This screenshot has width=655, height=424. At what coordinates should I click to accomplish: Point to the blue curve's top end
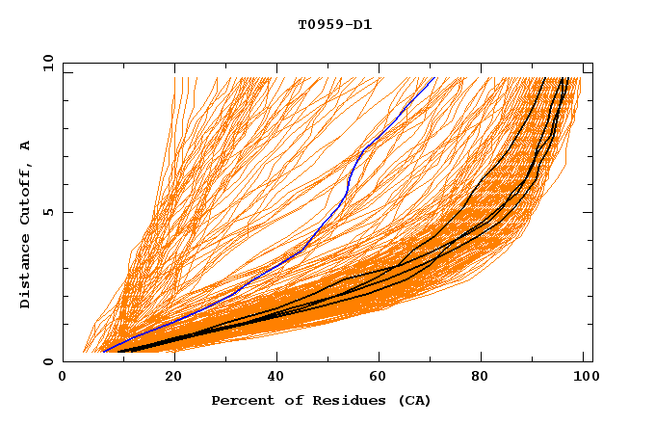click(x=435, y=77)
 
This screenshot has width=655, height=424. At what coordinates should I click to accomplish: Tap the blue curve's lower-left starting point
click(x=103, y=351)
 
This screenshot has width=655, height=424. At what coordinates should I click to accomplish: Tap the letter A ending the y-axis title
click(x=25, y=146)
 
